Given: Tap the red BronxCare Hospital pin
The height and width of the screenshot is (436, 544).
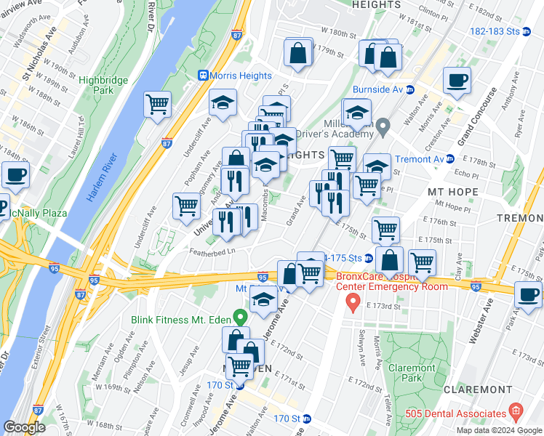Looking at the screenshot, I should [x=353, y=301].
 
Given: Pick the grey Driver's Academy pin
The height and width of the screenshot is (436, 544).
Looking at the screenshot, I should [x=384, y=127].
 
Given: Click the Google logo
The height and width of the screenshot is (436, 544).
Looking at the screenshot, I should [x=25, y=427].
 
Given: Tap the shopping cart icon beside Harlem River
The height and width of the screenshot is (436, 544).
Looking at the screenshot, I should [x=157, y=105].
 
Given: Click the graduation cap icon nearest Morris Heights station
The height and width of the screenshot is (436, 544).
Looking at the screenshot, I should [x=223, y=102].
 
